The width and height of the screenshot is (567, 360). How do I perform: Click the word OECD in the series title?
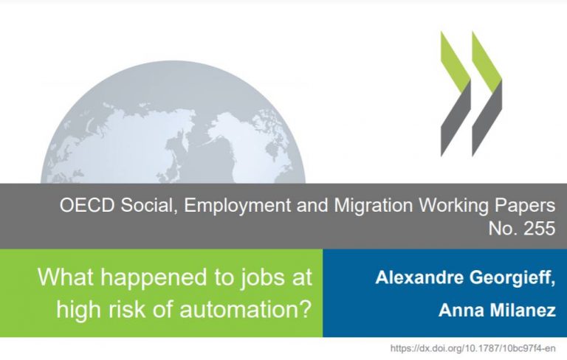tap(87, 205)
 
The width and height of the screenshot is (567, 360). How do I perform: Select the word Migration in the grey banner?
tap(373, 206)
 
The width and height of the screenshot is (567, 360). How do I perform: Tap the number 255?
tap(539, 229)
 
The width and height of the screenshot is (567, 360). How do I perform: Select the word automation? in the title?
tap(246, 310)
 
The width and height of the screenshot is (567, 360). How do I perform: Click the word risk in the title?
tap(132, 309)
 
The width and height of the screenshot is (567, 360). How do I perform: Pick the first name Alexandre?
tap(419, 277)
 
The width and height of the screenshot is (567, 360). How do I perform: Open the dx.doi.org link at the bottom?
tap(473, 348)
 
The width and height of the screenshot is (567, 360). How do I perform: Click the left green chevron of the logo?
tap(456, 60)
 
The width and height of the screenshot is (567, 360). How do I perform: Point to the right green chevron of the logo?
tap(487, 60)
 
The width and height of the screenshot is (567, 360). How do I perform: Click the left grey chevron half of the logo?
tap(456, 120)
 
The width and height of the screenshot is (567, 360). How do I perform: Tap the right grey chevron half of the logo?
tap(487, 120)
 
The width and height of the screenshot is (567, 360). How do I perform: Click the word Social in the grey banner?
tap(149, 206)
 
